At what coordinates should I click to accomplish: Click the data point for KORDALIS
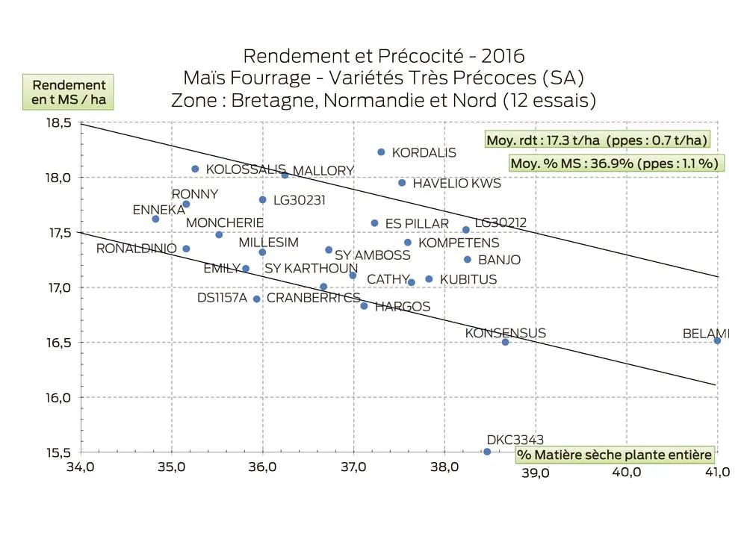(381, 152)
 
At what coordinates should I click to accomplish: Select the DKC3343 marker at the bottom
(487, 452)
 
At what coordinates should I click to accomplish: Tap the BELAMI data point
(717, 340)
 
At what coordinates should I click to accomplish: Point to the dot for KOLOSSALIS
(196, 169)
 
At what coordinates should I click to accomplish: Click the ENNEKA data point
(155, 219)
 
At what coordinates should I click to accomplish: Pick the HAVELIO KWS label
(456, 183)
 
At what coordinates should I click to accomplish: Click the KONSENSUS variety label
(505, 333)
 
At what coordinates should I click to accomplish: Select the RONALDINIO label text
(137, 249)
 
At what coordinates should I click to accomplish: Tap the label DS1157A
(222, 298)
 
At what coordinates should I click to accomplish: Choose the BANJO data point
(468, 260)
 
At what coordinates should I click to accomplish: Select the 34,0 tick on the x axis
(81, 472)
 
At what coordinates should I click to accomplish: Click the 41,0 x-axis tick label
(717, 472)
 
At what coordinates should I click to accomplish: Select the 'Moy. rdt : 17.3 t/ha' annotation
(597, 140)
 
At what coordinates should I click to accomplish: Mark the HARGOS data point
(364, 306)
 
